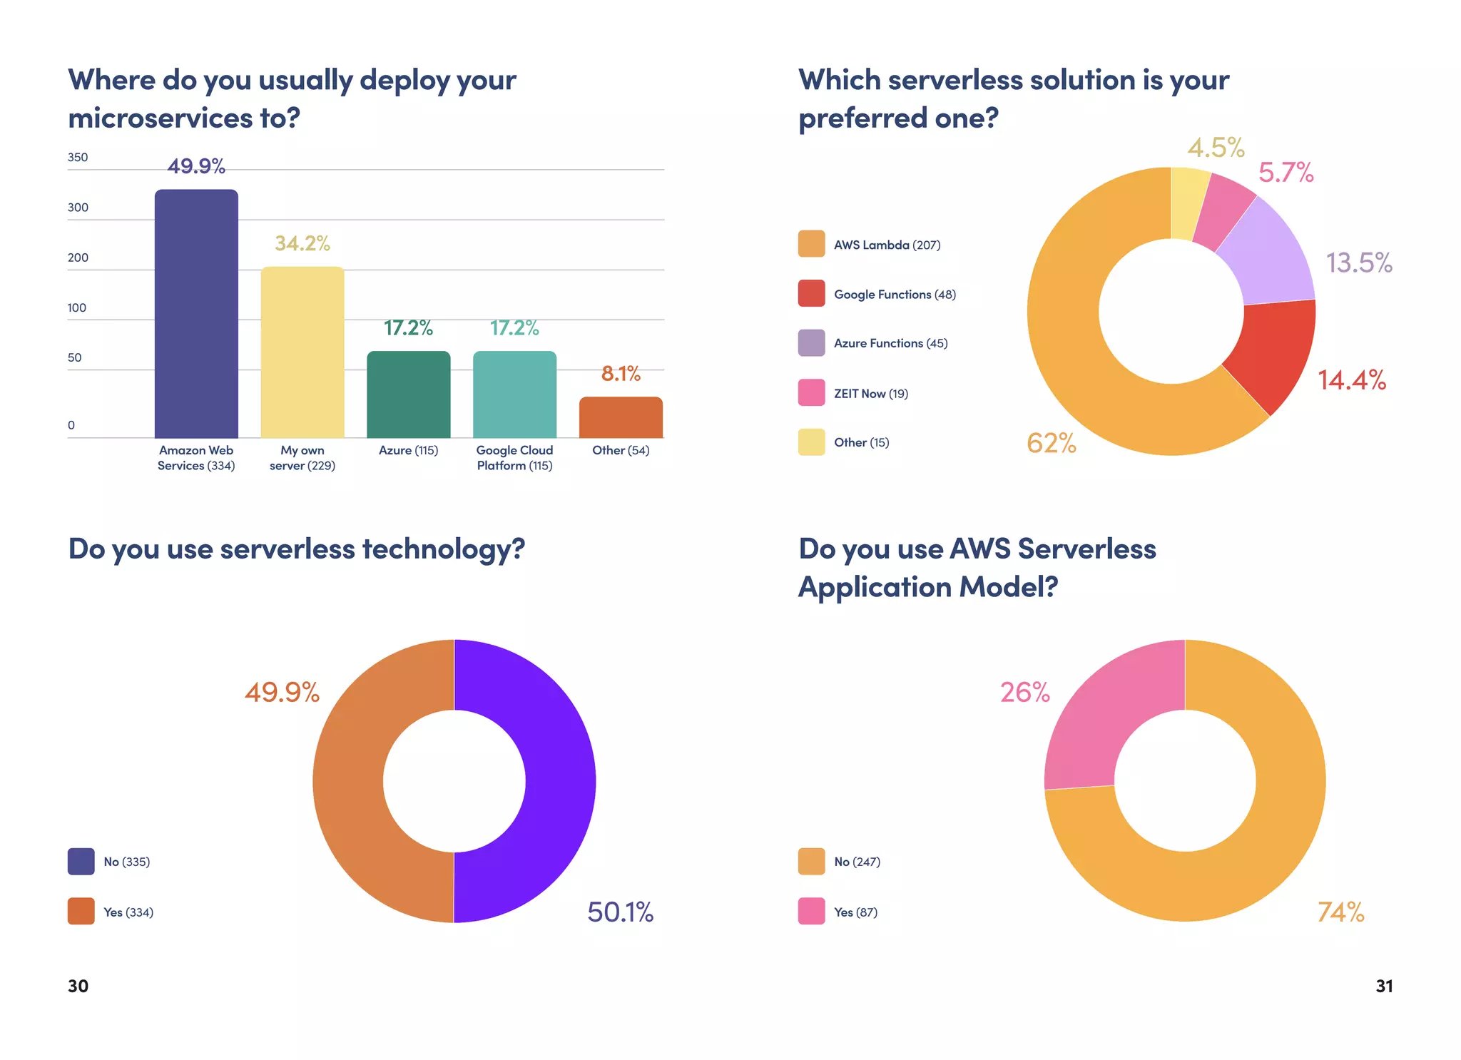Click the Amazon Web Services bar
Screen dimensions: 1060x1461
coord(196,314)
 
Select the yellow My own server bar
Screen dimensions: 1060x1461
coord(302,352)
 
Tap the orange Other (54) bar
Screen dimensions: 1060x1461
coord(621,418)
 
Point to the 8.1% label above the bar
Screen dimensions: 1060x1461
coord(621,373)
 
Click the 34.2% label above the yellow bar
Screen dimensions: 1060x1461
coord(302,243)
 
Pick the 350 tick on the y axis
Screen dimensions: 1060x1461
coord(78,158)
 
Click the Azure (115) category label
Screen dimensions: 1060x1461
coord(408,450)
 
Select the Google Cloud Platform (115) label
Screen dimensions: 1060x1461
coord(514,458)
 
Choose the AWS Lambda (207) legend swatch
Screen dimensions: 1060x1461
coord(811,244)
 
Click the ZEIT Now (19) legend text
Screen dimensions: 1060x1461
coord(870,394)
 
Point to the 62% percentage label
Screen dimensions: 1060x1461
coord(1051,443)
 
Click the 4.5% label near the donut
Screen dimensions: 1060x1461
coord(1216,148)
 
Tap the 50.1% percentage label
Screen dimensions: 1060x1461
coord(620,912)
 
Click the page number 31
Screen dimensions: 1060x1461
coord(1384,986)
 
